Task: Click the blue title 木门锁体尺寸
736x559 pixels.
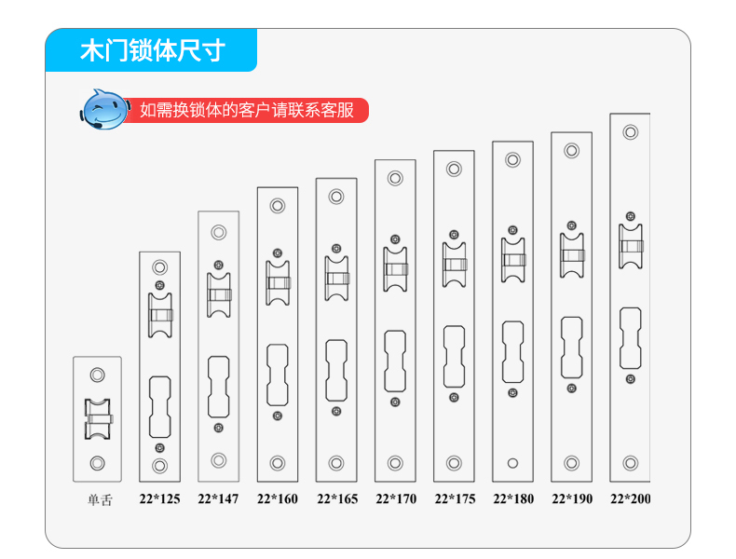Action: click(153, 50)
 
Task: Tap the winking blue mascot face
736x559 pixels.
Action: click(104, 109)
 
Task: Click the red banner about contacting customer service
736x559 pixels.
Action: click(247, 110)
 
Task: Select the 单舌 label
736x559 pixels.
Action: click(100, 500)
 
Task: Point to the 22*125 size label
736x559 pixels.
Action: click(159, 499)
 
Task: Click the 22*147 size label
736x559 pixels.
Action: click(218, 499)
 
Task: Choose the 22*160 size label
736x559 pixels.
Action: click(278, 499)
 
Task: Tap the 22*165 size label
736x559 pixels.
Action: click(337, 499)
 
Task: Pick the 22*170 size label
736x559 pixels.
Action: click(396, 499)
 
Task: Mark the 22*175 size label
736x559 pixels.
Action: click(455, 499)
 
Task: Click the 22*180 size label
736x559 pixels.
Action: click(513, 499)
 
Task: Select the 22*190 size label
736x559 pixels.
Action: click(572, 499)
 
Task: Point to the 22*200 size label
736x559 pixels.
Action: click(631, 499)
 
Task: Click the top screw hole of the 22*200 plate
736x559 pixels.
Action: click(631, 132)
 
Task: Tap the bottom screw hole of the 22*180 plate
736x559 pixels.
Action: click(512, 463)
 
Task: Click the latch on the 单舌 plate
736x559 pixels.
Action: click(98, 419)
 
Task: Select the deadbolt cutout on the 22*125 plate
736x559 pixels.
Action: click(159, 407)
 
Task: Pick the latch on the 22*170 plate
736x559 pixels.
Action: click(395, 269)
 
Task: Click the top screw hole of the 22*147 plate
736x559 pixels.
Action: click(218, 232)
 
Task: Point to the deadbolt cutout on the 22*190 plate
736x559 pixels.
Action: click(571, 348)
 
